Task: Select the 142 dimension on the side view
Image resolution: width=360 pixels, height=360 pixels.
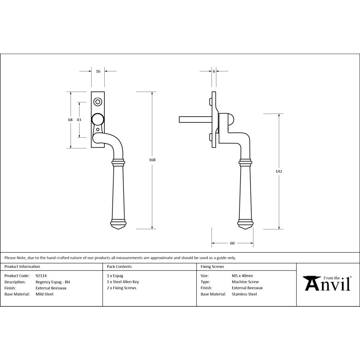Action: click(x=279, y=171)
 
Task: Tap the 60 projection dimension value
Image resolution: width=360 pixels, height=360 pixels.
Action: click(x=232, y=243)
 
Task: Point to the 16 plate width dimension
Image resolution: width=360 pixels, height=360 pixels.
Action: click(x=98, y=71)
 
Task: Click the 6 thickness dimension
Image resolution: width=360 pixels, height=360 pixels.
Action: click(x=214, y=71)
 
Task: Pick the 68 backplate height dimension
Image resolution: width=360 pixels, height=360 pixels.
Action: click(x=71, y=120)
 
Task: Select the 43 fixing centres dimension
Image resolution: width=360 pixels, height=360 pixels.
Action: click(x=79, y=120)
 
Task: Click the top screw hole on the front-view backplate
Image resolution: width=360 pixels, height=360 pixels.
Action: click(x=98, y=102)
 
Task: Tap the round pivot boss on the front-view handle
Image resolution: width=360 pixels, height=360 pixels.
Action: click(x=98, y=119)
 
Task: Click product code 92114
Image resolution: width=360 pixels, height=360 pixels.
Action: click(x=41, y=276)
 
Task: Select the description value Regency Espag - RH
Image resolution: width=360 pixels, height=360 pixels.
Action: click(x=53, y=282)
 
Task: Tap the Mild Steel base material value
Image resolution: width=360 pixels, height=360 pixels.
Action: click(x=44, y=294)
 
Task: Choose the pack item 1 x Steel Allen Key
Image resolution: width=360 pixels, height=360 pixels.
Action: click(x=123, y=282)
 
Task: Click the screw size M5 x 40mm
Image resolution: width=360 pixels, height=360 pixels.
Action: click(x=242, y=276)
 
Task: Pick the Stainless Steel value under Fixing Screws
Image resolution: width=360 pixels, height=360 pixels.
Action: click(x=244, y=294)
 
